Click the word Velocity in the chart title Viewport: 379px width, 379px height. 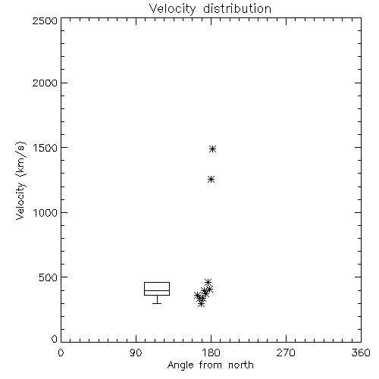click(x=172, y=9)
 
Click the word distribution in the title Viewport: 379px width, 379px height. click(x=237, y=8)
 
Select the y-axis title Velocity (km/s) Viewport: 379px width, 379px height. click(x=20, y=180)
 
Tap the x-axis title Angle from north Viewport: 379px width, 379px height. click(x=210, y=365)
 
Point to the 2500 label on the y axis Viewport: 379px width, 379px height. click(x=45, y=20)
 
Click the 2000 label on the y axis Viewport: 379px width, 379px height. click(x=45, y=83)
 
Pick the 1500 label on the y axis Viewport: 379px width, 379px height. click(x=45, y=148)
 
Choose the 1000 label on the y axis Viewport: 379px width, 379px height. click(x=45, y=213)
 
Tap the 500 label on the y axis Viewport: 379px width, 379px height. click(x=49, y=277)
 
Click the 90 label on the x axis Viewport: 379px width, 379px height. click(x=136, y=352)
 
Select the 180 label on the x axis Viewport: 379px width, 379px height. click(x=211, y=352)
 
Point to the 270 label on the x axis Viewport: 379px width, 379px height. click(x=286, y=352)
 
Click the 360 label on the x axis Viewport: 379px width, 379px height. click(x=361, y=352)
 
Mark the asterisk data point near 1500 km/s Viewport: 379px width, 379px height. click(x=213, y=149)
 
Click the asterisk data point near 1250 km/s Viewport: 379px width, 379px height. click(x=211, y=180)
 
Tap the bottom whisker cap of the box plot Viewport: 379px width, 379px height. click(x=157, y=303)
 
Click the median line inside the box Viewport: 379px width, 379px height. click(x=157, y=290)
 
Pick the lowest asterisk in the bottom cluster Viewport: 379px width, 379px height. click(x=201, y=303)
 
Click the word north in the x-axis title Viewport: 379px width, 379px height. click(x=241, y=365)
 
